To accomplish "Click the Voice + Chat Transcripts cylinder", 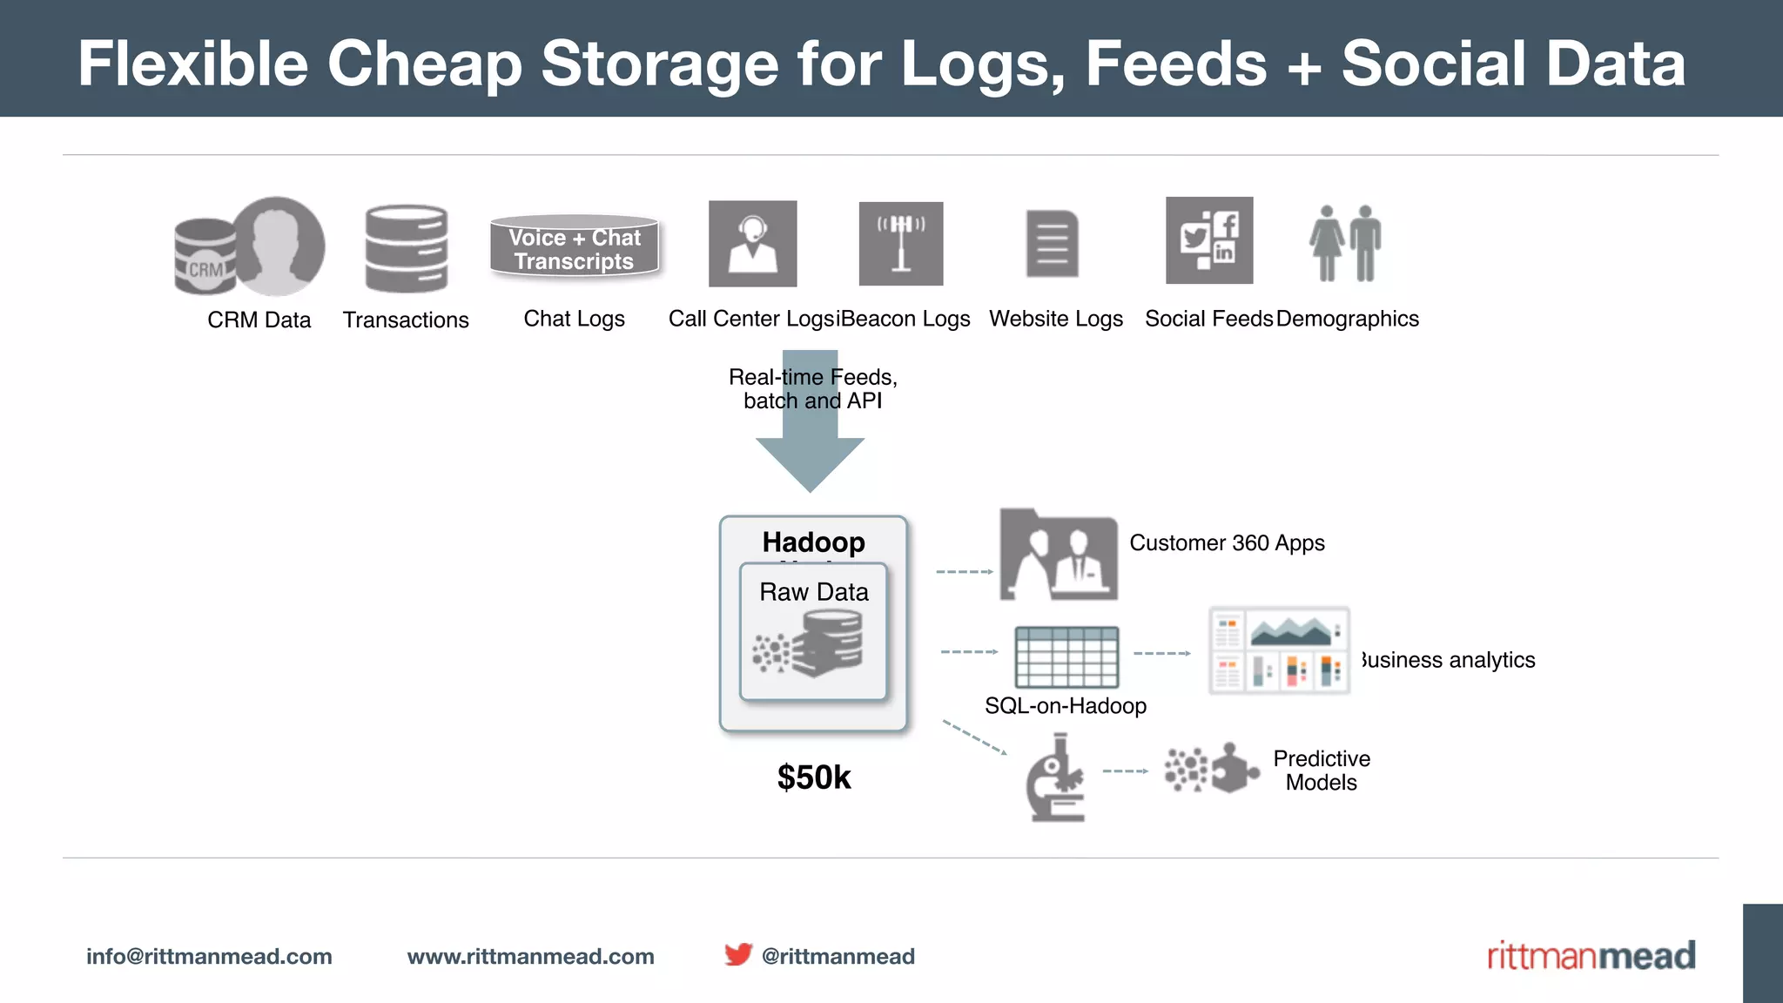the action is [x=574, y=247].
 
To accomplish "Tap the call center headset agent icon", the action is [x=752, y=244].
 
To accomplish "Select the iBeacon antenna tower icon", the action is [x=901, y=244].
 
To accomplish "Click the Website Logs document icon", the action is [x=1053, y=244].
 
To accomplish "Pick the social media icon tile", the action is [x=1209, y=240].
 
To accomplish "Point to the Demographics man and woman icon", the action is [x=1345, y=243].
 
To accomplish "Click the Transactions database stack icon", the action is [x=407, y=249].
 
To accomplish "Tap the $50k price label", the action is [x=814, y=777].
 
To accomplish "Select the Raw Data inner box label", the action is [x=814, y=592].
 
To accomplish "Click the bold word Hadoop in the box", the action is [x=814, y=542].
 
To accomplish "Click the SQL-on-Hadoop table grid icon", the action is [x=1066, y=657].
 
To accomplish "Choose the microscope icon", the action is [x=1056, y=778].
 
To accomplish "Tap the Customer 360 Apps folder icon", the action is [x=1059, y=555].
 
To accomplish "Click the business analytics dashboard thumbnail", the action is [x=1279, y=650].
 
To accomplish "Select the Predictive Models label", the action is [x=1322, y=771].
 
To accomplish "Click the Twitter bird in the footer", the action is [x=738, y=954].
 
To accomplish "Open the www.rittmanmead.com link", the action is [x=530, y=956].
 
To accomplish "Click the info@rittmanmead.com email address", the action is [x=209, y=956].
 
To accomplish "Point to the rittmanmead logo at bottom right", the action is [x=1591, y=956].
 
